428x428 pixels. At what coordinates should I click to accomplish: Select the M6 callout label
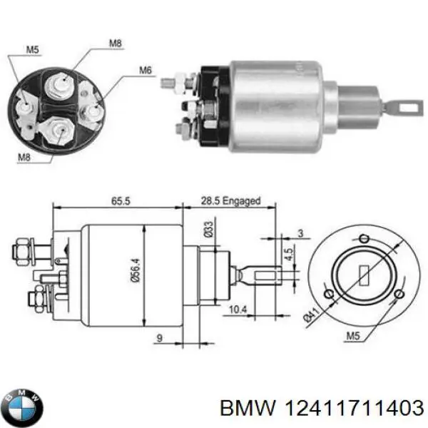click(x=146, y=69)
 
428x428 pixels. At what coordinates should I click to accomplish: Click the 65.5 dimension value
click(x=119, y=202)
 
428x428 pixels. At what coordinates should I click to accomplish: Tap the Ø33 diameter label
click(x=209, y=230)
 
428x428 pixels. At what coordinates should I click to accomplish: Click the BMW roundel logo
click(x=23, y=407)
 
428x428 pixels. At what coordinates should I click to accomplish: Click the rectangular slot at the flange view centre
click(x=361, y=272)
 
